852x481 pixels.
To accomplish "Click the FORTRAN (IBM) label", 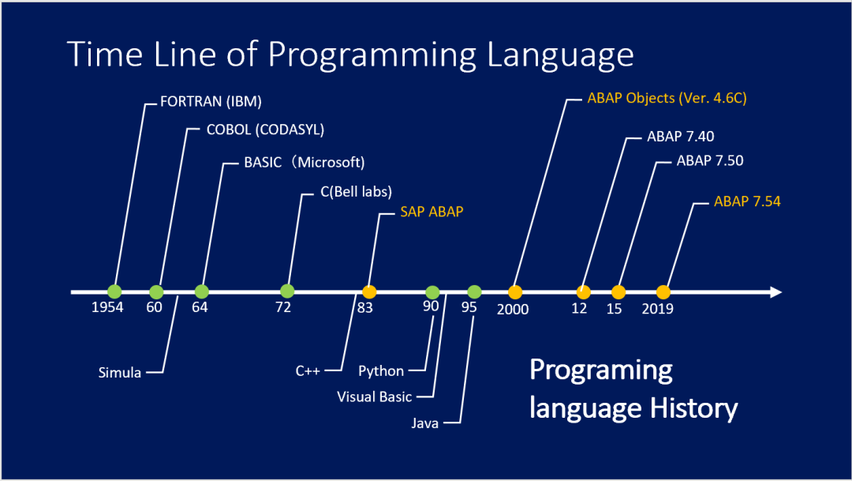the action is tap(211, 102).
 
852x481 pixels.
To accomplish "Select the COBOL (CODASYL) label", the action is tap(265, 130).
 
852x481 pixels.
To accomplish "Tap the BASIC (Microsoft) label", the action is tap(305, 162).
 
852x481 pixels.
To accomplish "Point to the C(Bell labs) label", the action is tap(356, 191).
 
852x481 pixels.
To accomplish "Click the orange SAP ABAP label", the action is tap(432, 212).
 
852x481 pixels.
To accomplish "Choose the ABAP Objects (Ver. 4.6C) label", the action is tap(667, 99).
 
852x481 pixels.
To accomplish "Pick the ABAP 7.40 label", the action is tap(680, 137).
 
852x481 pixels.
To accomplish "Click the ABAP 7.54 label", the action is tap(747, 201).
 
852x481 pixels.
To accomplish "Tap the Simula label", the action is tap(120, 373).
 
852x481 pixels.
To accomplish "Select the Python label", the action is tap(381, 371).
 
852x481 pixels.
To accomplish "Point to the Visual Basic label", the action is tap(375, 396).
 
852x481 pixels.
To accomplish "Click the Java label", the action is tap(425, 423).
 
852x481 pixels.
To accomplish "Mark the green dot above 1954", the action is tap(114, 291).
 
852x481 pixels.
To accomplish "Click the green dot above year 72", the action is tap(287, 291).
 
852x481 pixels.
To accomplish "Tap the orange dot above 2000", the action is tap(515, 292).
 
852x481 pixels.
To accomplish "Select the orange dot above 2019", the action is tap(663, 292).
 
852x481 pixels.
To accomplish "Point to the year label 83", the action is tap(365, 308).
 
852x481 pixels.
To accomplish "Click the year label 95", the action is tap(469, 307).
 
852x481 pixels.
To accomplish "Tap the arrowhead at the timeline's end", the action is tap(776, 292).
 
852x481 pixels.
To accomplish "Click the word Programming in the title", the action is tap(372, 55).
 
